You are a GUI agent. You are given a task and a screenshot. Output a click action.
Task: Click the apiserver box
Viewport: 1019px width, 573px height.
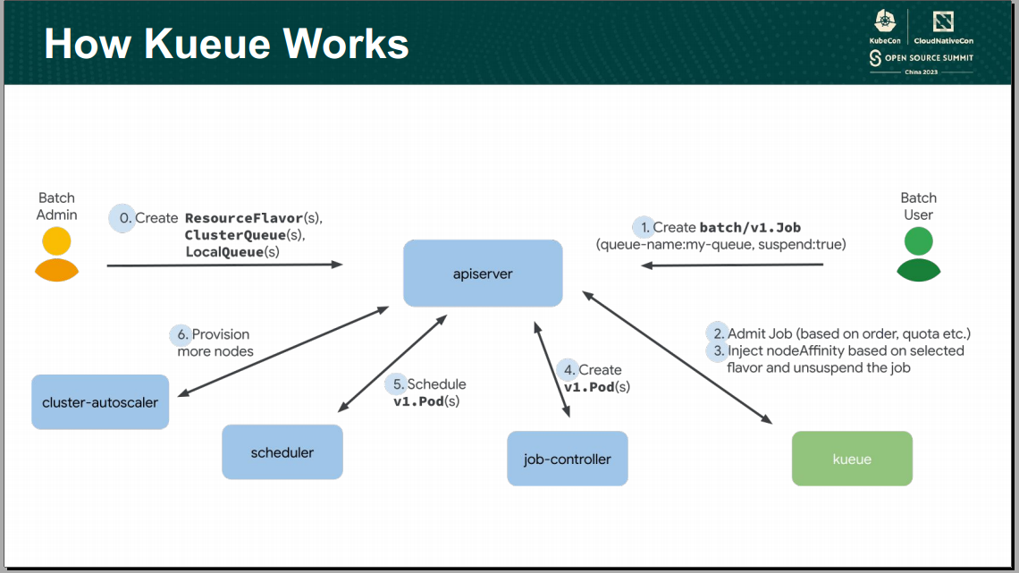483,273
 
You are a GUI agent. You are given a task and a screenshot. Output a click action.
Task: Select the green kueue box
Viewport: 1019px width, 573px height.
852,459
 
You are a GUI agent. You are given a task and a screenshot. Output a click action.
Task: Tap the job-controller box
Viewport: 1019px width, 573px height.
567,459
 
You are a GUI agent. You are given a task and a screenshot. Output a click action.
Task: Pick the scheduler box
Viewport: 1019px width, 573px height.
282,451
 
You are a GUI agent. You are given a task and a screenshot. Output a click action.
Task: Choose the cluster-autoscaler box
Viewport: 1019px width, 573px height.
100,402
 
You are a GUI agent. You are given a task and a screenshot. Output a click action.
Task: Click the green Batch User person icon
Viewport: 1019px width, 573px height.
918,254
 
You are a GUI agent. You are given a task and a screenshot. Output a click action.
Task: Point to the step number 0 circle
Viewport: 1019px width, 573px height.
122,218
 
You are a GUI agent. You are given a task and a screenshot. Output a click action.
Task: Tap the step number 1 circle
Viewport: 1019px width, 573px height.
644,227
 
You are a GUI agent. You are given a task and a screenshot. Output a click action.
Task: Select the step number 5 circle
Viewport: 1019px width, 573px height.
396,384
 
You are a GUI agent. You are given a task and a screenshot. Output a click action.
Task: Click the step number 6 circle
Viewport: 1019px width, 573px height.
181,335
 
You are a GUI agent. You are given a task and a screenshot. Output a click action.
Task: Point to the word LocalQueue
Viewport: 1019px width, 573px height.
224,252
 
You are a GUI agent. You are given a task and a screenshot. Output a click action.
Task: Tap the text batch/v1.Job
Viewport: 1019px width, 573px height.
749,227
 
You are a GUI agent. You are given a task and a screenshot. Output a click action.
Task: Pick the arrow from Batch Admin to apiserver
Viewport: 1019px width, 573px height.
223,265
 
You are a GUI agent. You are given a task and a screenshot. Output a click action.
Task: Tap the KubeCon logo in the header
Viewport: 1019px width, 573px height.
884,27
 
